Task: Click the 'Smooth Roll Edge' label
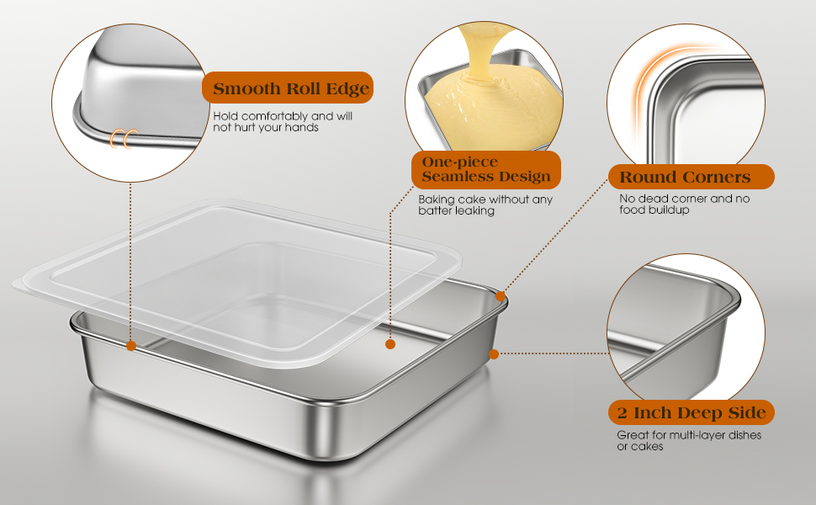pyautogui.click(x=286, y=88)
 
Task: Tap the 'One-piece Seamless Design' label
pyautogui.click(x=485, y=169)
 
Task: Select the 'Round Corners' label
pyautogui.click(x=685, y=177)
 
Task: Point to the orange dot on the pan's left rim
pyautogui.click(x=131, y=345)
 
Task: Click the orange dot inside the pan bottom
pyautogui.click(x=390, y=344)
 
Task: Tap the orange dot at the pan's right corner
pyautogui.click(x=501, y=295)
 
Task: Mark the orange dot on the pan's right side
pyautogui.click(x=494, y=353)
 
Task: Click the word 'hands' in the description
pyautogui.click(x=300, y=128)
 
